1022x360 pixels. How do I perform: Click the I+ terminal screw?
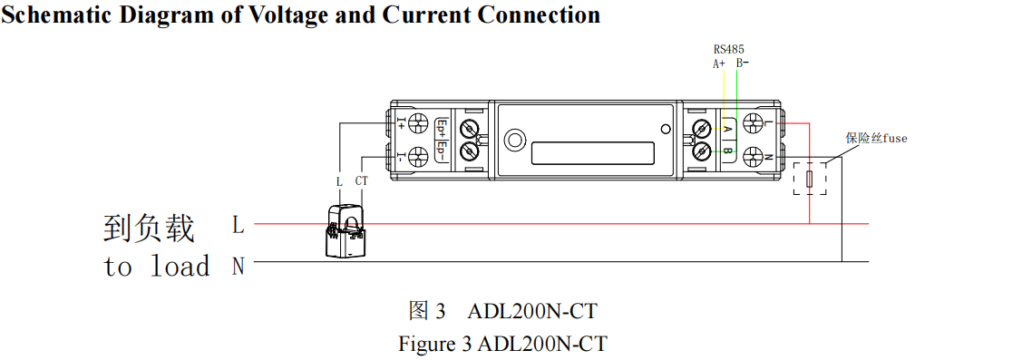[x=419, y=124]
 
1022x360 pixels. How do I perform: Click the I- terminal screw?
[x=419, y=155]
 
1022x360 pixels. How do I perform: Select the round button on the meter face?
[x=515, y=140]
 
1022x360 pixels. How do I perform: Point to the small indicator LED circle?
[x=667, y=129]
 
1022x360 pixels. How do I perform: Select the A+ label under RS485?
[x=719, y=63]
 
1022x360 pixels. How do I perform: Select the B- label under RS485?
[x=742, y=63]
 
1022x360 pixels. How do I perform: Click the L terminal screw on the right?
[x=752, y=124]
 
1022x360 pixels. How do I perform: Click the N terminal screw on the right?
[x=752, y=156]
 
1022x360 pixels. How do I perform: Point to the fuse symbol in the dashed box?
[x=809, y=179]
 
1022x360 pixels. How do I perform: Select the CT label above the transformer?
[x=362, y=181]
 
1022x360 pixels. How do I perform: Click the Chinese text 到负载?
[x=149, y=229]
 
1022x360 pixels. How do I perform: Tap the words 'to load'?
[x=156, y=267]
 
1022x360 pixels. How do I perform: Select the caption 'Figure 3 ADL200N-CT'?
[x=502, y=345]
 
